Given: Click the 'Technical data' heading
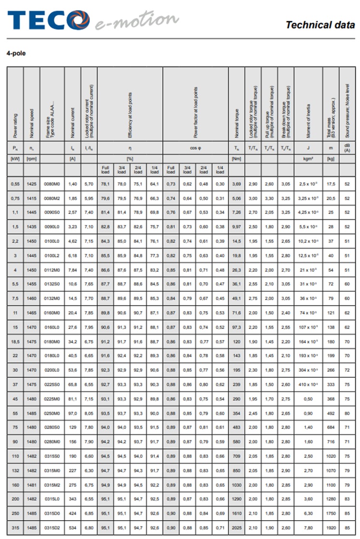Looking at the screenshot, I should (320, 25).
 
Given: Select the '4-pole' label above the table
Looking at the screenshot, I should (16, 53).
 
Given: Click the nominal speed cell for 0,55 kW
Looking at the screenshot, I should (31, 184).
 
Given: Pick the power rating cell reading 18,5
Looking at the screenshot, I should (15, 341).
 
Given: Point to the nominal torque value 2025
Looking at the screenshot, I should (236, 528).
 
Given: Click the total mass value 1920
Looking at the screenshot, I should (331, 528).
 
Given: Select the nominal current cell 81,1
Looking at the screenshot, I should (72, 399).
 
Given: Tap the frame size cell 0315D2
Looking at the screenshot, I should (52, 528).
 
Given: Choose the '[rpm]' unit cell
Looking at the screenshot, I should (31, 158).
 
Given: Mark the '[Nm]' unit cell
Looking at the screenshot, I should (236, 158).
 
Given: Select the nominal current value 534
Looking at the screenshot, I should (72, 528).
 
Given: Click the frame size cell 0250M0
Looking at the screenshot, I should (52, 414).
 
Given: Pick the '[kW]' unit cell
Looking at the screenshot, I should (15, 158).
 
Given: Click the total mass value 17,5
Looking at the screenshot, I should (331, 184).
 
